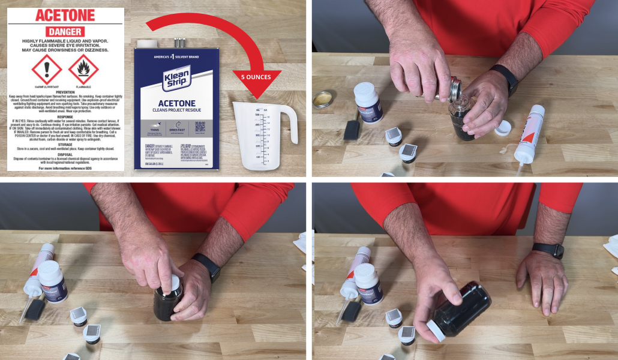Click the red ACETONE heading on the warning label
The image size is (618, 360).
coord(65,16)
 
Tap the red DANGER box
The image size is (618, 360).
coord(65,31)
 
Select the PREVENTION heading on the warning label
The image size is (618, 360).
coord(65,92)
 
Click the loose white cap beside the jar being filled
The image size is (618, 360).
coord(503,127)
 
